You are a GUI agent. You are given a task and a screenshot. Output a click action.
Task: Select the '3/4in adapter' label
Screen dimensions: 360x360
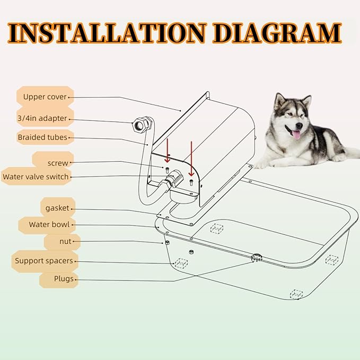pos(42,118)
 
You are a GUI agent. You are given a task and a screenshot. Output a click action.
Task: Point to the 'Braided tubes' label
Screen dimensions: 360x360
pos(42,137)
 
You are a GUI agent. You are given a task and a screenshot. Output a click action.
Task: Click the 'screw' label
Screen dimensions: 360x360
pos(57,163)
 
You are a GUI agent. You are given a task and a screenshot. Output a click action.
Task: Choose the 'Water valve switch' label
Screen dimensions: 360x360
pos(36,177)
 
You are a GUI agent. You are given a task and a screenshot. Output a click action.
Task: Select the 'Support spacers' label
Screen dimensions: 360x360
pos(44,260)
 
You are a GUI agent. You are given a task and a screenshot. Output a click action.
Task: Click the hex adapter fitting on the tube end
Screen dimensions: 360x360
pos(141,125)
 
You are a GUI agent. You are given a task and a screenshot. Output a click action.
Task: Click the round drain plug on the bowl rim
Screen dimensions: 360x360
pos(257,257)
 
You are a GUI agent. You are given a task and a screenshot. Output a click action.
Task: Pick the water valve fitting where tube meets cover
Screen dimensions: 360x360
pos(169,184)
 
